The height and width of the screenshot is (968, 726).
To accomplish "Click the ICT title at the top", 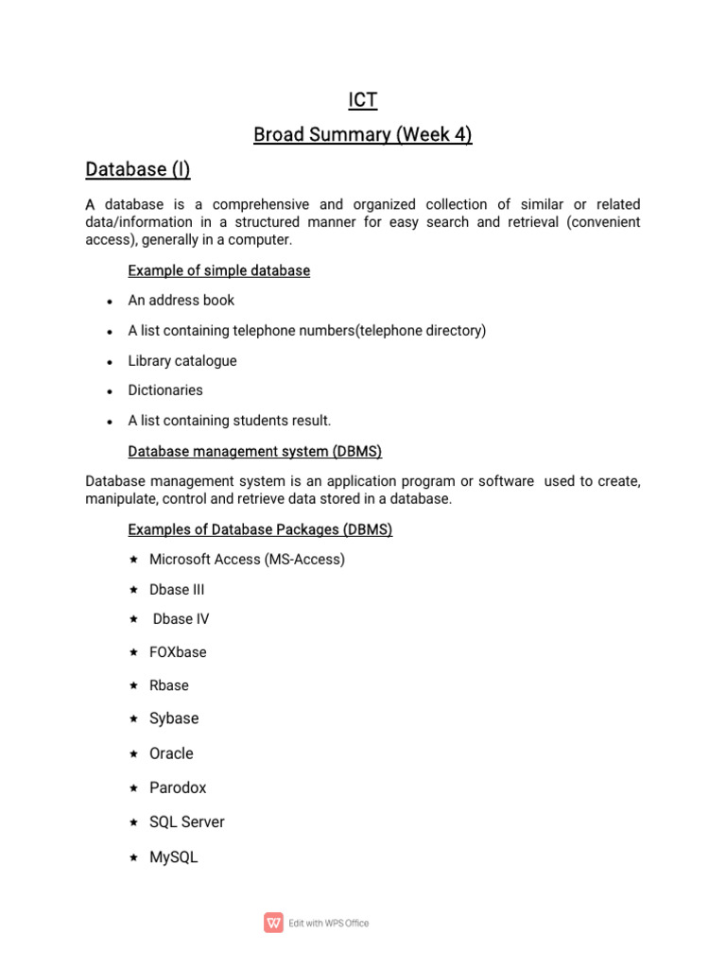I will [x=362, y=100].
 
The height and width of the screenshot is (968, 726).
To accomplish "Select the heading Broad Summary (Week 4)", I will [x=362, y=135].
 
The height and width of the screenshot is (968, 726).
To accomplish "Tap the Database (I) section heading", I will [x=138, y=169].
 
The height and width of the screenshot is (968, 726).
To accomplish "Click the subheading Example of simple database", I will [x=218, y=270].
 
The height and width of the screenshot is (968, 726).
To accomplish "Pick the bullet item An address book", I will [x=181, y=301].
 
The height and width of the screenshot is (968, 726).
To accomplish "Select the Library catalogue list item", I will [x=182, y=361].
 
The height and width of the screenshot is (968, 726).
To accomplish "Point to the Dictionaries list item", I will [x=165, y=390].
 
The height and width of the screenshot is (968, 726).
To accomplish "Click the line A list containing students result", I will [x=230, y=421].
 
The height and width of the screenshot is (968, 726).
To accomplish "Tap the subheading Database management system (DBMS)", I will [x=254, y=452].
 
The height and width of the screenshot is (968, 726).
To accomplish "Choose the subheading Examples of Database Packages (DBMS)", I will [x=260, y=530].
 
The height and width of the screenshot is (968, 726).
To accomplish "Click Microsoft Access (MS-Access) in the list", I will [x=247, y=560].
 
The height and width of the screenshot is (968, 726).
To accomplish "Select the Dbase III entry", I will [x=177, y=590].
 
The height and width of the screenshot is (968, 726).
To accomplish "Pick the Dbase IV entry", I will [x=181, y=619].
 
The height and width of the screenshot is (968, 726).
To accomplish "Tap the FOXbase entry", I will [x=178, y=652].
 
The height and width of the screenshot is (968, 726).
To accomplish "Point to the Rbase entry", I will [x=169, y=685].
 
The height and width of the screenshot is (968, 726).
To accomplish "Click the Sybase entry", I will [x=174, y=718].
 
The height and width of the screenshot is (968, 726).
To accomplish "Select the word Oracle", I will [x=171, y=753].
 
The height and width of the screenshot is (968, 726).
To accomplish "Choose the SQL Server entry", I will [x=187, y=822].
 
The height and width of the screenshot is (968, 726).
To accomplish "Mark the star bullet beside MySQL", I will [x=133, y=857].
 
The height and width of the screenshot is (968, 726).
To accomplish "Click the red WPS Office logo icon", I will [x=273, y=923].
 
